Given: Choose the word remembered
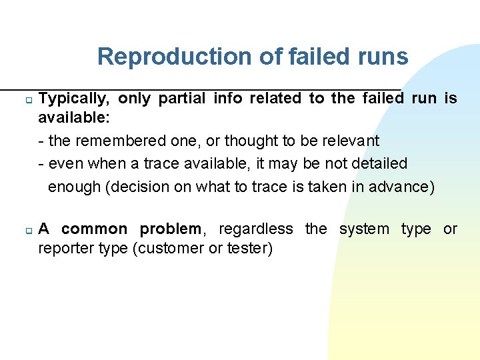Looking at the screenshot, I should coord(113,141).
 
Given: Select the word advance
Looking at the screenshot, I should coord(405,187).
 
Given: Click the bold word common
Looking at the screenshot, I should coord(93,229).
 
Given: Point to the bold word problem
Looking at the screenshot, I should coord(169,229).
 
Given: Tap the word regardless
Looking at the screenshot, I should coord(255,229).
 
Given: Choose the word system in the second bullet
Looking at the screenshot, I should coord(364,229).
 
